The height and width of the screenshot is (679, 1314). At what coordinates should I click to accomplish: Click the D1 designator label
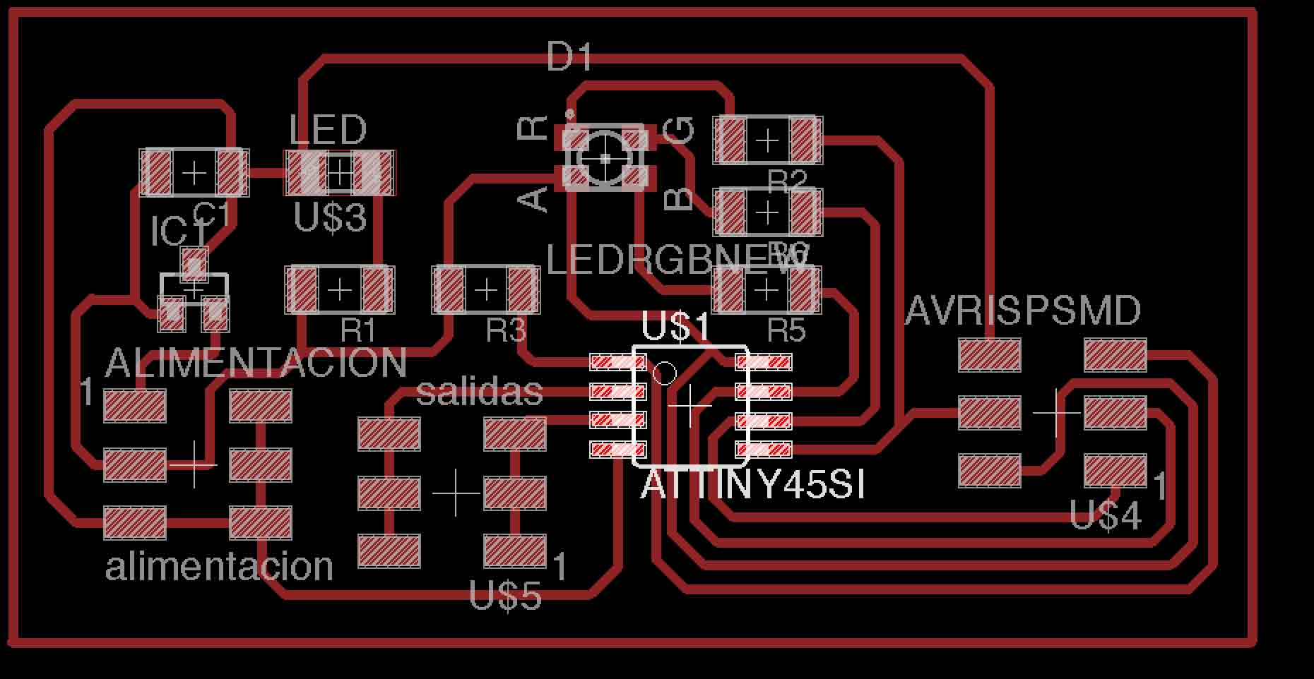click(x=569, y=56)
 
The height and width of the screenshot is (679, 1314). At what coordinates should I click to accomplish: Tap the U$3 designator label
click(x=330, y=218)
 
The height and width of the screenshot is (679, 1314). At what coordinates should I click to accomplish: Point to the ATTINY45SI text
click(x=752, y=486)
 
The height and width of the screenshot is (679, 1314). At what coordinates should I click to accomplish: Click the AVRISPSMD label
click(x=1022, y=311)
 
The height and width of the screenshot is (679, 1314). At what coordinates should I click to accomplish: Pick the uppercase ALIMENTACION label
click(x=255, y=363)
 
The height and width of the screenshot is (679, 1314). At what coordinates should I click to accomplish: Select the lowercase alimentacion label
click(x=219, y=567)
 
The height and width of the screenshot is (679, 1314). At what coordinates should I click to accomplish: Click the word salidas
click(x=480, y=392)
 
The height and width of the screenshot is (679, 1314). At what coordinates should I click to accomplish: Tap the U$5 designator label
click(x=505, y=597)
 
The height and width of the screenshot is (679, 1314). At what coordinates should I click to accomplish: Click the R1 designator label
click(x=358, y=330)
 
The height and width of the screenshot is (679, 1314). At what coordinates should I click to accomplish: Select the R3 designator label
click(x=506, y=330)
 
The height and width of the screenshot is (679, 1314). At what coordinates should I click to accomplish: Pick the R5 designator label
click(x=786, y=330)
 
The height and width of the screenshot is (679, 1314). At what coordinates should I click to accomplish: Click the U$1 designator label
click(x=676, y=328)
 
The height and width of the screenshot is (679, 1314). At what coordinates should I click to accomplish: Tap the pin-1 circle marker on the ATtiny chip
click(x=665, y=373)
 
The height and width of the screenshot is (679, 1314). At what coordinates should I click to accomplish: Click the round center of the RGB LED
click(x=605, y=159)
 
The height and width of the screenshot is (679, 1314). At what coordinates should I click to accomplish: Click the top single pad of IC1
click(x=194, y=263)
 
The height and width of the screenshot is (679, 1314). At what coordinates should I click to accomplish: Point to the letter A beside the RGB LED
click(x=534, y=199)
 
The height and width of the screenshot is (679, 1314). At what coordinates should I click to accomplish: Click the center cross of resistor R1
click(x=340, y=289)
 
